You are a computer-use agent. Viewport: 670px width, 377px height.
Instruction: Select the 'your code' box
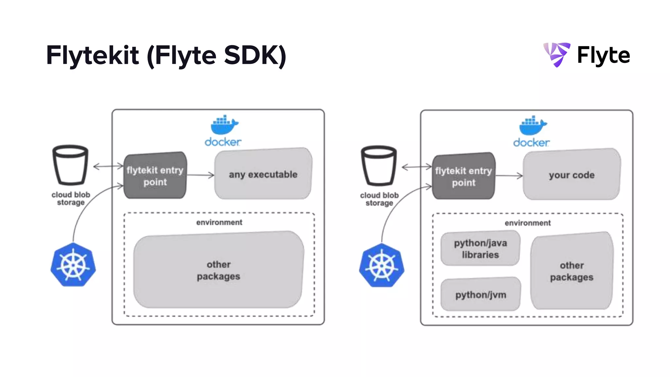point(571,174)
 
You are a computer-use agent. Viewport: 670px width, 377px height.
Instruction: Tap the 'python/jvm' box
point(480,295)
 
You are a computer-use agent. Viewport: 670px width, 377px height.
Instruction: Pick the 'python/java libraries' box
point(480,248)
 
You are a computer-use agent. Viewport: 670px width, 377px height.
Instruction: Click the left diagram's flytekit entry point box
point(155,176)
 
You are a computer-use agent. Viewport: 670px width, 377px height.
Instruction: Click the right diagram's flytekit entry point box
point(463,176)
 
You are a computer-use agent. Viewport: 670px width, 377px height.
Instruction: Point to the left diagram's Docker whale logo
point(224,125)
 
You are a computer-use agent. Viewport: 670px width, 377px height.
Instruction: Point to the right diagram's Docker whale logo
point(533,125)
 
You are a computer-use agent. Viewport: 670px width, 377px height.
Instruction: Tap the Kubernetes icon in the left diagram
point(73,265)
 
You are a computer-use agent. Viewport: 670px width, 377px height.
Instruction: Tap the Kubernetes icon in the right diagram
point(381,265)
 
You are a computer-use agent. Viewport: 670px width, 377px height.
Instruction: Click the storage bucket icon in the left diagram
point(70,165)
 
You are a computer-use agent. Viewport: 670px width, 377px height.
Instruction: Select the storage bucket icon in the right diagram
point(379,166)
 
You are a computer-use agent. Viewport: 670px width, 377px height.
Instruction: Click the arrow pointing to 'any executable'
point(200,175)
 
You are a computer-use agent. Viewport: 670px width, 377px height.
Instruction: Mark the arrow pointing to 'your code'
point(509,176)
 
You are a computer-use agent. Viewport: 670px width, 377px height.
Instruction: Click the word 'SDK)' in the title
point(255,55)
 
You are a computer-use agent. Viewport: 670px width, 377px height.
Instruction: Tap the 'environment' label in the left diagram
point(219,223)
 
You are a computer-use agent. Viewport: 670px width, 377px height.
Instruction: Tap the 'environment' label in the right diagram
point(527,223)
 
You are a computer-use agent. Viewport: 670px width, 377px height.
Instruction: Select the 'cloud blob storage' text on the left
point(71,198)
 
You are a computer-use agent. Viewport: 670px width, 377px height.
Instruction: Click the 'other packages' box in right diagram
point(571,271)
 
